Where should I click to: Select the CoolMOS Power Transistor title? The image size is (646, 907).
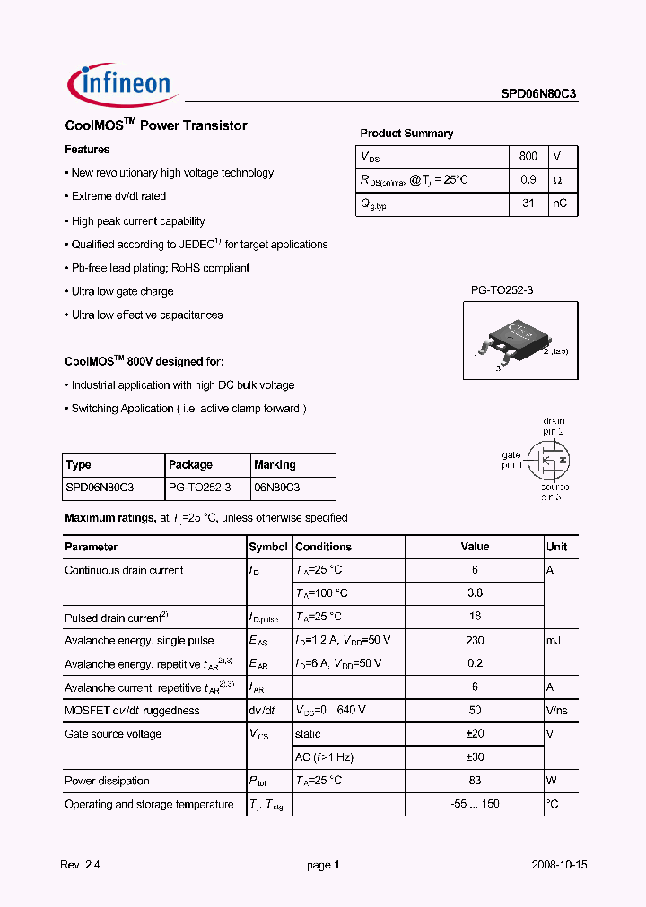tap(156, 126)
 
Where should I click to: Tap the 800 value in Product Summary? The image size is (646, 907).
tap(528, 156)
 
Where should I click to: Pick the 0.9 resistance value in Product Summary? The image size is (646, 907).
tap(528, 180)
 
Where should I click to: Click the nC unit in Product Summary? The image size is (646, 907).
tap(560, 203)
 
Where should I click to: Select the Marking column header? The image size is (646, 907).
tap(275, 465)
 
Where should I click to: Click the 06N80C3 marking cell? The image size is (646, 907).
tap(277, 488)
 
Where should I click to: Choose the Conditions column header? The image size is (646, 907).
tap(323, 547)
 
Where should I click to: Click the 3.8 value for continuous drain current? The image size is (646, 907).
tap(475, 593)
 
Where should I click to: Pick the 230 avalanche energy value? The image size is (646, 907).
tap(475, 641)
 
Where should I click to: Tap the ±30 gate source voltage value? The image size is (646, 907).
tap(475, 757)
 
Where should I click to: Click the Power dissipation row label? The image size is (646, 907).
tap(107, 781)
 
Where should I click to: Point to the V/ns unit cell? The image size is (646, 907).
tap(558, 711)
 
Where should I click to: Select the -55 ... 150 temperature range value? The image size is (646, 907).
tap(475, 804)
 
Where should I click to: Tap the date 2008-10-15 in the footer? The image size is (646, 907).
tap(558, 865)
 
